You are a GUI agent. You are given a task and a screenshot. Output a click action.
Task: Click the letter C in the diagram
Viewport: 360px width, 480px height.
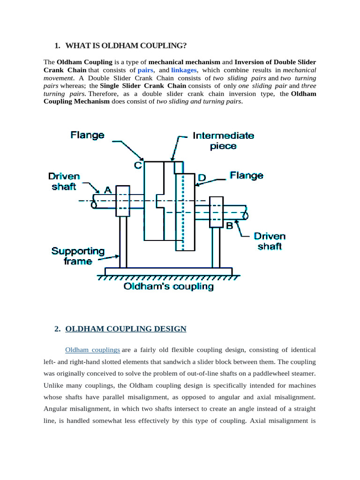tap(138, 165)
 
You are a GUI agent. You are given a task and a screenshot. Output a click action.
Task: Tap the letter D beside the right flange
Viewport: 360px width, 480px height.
tap(202, 178)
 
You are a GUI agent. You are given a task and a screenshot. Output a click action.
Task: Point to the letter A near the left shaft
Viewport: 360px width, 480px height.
tap(108, 190)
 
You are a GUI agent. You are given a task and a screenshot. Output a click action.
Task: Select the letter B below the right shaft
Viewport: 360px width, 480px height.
tap(230, 226)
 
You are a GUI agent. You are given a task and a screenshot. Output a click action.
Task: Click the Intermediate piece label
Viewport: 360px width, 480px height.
tap(223, 141)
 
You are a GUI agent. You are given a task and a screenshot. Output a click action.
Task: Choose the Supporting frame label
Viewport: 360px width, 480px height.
tap(78, 256)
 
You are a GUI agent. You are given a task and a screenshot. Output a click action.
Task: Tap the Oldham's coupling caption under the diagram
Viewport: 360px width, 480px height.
tap(168, 286)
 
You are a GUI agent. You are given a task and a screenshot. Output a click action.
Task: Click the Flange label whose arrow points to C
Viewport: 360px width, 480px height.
tap(87, 135)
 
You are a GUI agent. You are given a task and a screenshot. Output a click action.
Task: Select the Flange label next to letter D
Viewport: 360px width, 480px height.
tap(246, 175)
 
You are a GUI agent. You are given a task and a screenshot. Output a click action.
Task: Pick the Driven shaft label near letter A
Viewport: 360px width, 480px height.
tap(64, 182)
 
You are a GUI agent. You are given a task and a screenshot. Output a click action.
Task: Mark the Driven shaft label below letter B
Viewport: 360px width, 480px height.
tap(270, 241)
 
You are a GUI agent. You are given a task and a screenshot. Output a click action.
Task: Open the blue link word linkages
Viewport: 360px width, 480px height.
tap(184, 70)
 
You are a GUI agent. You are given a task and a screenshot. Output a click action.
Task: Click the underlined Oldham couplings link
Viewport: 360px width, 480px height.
tap(92, 350)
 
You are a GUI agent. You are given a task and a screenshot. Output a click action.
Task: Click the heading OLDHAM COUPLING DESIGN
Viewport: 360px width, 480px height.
tap(126, 329)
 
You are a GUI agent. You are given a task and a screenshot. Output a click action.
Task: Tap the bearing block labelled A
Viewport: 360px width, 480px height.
tap(123, 201)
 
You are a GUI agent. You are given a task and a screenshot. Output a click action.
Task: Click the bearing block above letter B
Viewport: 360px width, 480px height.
tap(216, 212)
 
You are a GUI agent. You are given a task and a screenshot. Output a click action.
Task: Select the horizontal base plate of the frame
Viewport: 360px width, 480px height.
tap(168, 271)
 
